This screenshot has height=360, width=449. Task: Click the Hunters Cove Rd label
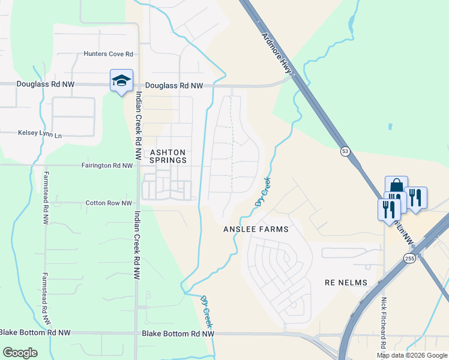pyautogui.click(x=108, y=54)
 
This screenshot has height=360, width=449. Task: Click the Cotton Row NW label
pyautogui.click(x=109, y=203)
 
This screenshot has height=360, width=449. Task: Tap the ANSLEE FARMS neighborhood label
pyautogui.click(x=256, y=229)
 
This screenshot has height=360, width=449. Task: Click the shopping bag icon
pyautogui.click(x=396, y=185)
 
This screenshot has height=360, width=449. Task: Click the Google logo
pyautogui.click(x=21, y=353)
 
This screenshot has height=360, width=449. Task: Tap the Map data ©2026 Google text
pyautogui.click(x=412, y=355)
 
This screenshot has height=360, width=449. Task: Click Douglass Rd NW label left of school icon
pyautogui.click(x=46, y=85)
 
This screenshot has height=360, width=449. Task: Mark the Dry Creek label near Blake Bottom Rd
pyautogui.click(x=207, y=307)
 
